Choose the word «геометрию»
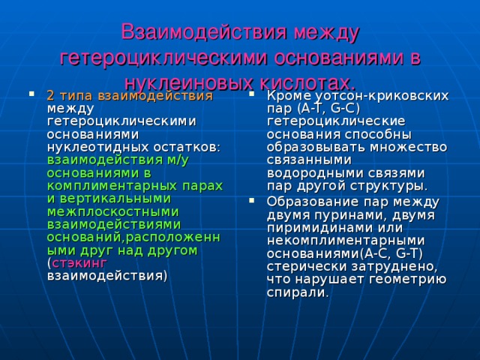(409, 279)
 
